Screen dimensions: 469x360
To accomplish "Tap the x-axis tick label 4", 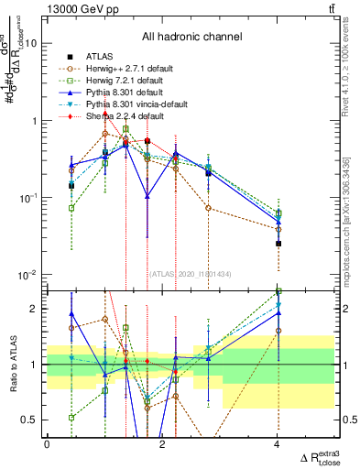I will tap(278, 444).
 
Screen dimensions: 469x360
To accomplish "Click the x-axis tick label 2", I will tap(162, 444).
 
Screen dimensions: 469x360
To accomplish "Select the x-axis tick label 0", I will tap(48, 444).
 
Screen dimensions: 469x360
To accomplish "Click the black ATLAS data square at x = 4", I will tap(278, 244).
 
